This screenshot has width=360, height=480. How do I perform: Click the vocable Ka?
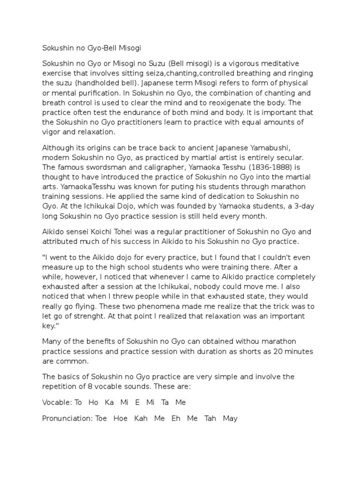(x=109, y=403)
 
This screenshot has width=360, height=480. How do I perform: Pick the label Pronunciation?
(x=67, y=418)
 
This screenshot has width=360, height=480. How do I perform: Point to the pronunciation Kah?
(x=141, y=418)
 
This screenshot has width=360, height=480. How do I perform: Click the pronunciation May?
(x=231, y=418)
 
